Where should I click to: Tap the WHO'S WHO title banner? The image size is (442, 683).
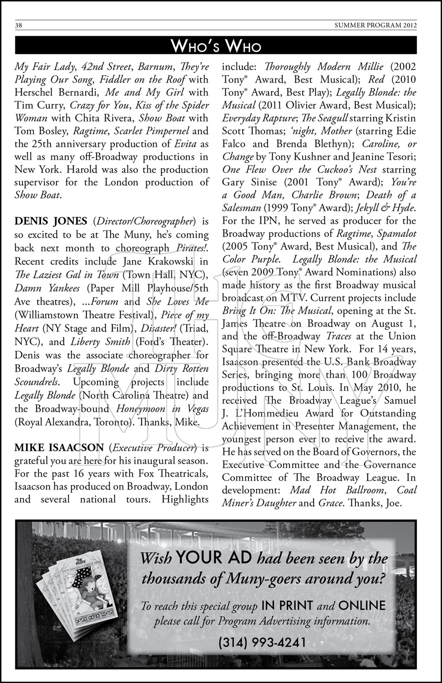216,46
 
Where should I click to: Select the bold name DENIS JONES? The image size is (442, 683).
51,222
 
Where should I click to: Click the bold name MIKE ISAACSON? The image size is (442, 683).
60,448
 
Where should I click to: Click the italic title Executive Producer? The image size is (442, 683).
155,448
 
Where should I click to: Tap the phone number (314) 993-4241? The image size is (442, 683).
262,642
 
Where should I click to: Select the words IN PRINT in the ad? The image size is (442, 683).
287,606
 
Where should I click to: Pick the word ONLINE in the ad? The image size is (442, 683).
362,606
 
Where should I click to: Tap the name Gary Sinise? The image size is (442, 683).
249,182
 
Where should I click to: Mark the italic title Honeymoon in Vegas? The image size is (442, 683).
163,408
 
